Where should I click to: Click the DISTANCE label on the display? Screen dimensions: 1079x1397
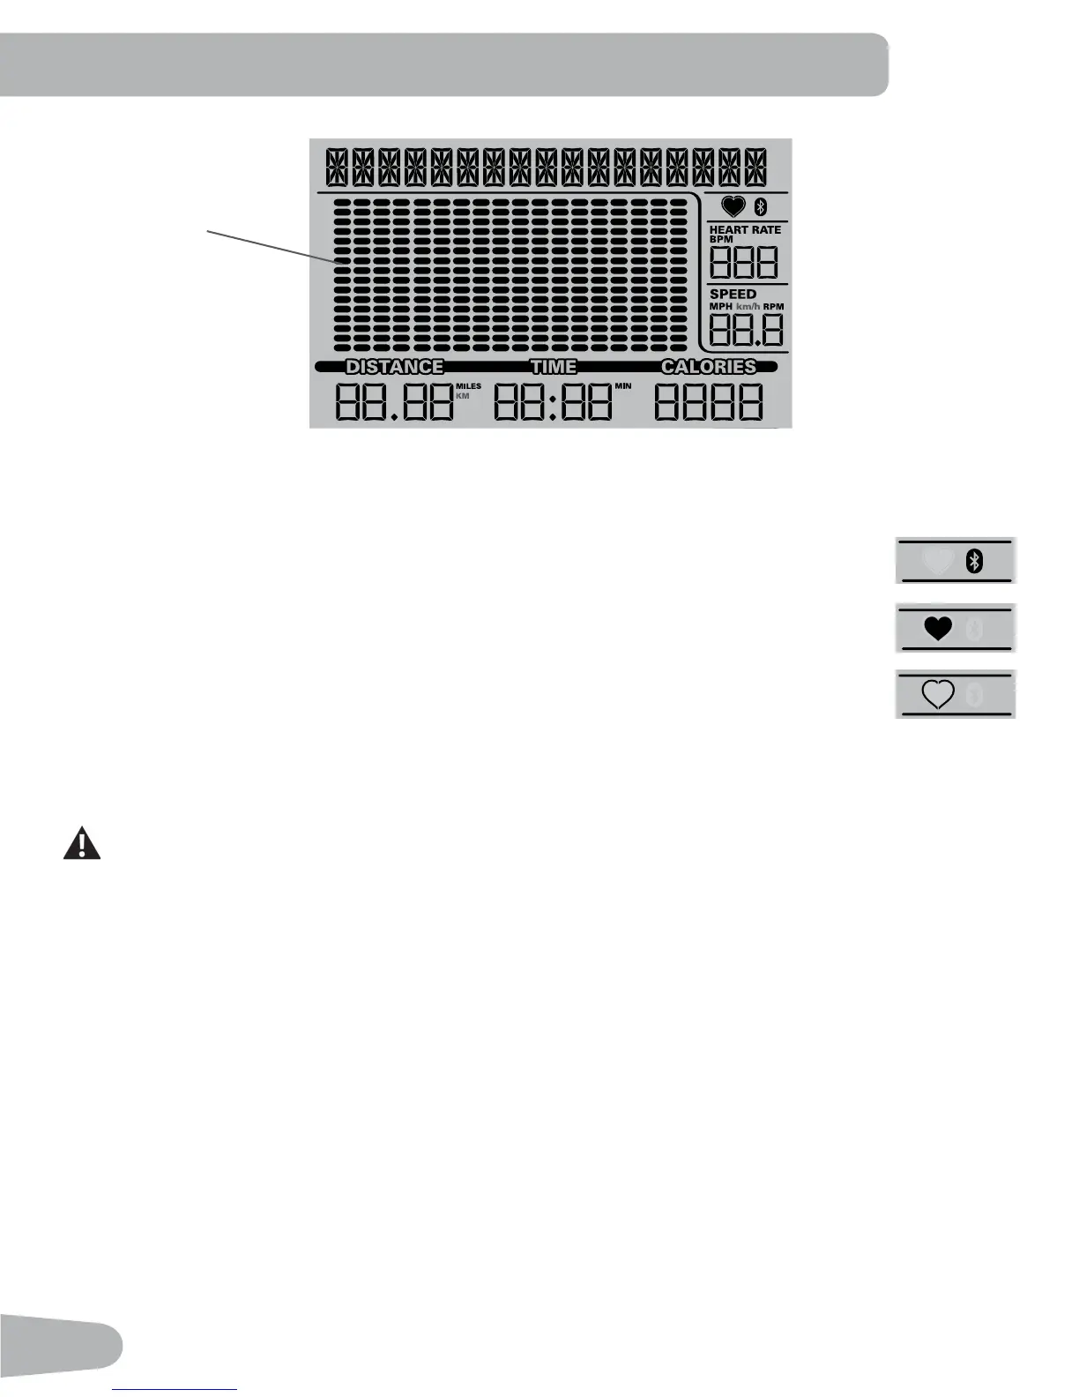coord(394,367)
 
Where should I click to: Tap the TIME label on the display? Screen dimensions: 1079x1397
coord(553,367)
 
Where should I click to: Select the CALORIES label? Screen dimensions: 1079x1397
coord(709,367)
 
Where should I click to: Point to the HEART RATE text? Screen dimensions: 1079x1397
coord(745,230)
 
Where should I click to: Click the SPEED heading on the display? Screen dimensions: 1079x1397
coord(733,295)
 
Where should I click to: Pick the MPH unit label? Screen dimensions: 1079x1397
coord(720,307)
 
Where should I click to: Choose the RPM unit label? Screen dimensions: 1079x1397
coord(773,307)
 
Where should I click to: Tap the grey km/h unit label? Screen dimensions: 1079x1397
coord(748,307)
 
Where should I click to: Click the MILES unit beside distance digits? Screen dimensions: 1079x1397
coord(468,386)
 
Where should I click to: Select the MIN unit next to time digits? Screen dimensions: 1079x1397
coord(623,386)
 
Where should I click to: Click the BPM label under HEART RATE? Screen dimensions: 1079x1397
coord(720,240)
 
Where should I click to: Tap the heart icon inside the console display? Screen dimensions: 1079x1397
coord(733,207)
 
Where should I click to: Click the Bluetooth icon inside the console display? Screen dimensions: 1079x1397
coord(762,207)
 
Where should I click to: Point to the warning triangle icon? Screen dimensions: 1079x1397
coord(82,844)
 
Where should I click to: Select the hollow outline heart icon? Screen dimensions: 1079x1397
coord(938,694)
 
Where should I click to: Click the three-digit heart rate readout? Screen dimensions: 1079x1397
coord(744,262)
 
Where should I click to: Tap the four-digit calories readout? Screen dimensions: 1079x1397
coord(708,404)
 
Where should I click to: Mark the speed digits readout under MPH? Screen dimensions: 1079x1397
coord(746,330)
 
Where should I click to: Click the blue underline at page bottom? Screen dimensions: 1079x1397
coord(175,1390)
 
